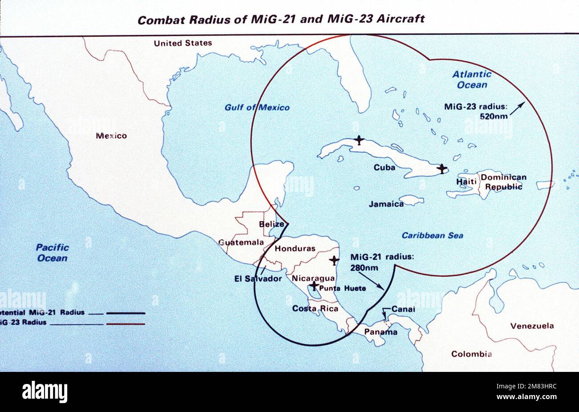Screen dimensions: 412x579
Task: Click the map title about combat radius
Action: (x=281, y=20)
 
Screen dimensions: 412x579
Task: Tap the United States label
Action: (x=183, y=43)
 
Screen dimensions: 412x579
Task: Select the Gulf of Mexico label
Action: (x=257, y=107)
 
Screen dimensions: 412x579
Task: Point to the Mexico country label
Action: (x=111, y=136)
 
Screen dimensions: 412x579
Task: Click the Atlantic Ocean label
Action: (x=472, y=79)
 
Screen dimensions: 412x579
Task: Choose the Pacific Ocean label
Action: (x=52, y=253)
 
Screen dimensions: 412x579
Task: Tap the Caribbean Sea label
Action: (x=432, y=235)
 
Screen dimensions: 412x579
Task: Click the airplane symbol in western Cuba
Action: (x=359, y=140)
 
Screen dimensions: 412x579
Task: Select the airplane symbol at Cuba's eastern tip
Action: (x=441, y=169)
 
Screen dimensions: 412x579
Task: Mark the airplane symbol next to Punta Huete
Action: (x=314, y=285)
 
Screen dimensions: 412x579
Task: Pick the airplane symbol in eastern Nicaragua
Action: (x=334, y=259)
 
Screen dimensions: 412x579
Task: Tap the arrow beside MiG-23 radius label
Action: (x=518, y=108)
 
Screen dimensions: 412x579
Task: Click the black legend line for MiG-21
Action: (x=126, y=313)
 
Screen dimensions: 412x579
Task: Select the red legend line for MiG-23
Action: (x=126, y=324)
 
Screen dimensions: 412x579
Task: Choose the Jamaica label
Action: (x=386, y=204)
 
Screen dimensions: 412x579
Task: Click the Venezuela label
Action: (x=532, y=326)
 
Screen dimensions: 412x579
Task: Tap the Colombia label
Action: (x=471, y=354)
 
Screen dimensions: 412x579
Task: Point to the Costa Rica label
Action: (x=310, y=308)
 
